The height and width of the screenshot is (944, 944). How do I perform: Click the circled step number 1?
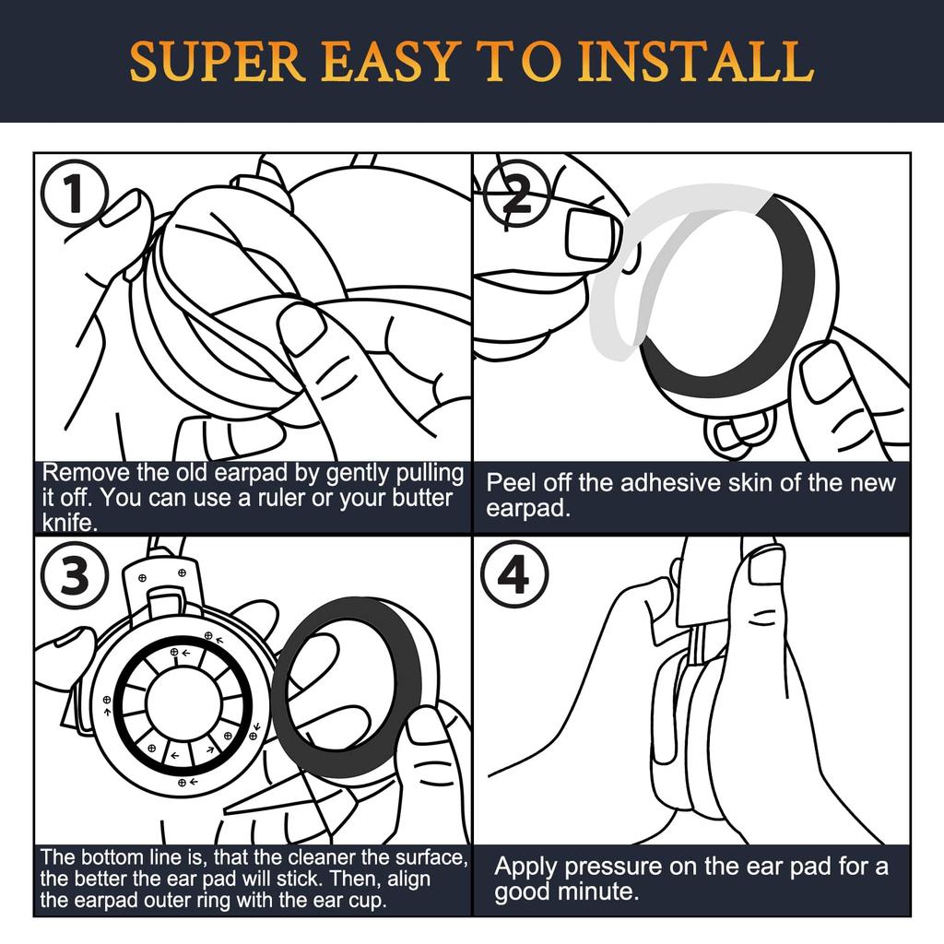coord(74,193)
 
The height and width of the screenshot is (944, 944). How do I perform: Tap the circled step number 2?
coord(517,193)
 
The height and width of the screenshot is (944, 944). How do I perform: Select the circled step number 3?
coord(74,575)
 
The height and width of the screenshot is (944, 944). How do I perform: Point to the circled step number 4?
coord(514,575)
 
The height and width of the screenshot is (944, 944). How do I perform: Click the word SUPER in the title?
coord(218,62)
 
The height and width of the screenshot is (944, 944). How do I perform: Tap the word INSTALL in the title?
coord(700,62)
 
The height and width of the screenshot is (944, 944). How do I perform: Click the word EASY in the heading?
coord(388,62)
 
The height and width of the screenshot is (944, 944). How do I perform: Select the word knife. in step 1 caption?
coord(70,522)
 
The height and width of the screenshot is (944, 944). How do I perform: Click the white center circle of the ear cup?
coord(181,702)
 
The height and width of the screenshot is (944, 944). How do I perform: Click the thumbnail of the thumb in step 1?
coord(305,332)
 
